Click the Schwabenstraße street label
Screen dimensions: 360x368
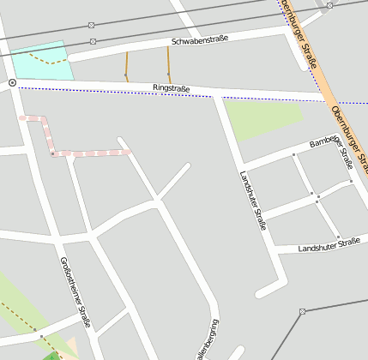pyautogui.click(x=200, y=40)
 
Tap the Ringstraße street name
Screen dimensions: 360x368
pyautogui.click(x=171, y=87)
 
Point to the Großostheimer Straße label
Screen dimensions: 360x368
pyautogui.click(x=75, y=292)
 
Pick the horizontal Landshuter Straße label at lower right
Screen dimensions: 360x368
pyautogui.click(x=329, y=245)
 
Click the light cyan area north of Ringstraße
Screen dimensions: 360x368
pyautogui.click(x=43, y=60)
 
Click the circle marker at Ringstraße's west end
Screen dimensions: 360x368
pyautogui.click(x=12, y=83)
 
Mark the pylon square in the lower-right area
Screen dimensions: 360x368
pyautogui.click(x=303, y=311)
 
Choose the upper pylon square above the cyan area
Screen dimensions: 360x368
pyautogui.click(x=92, y=25)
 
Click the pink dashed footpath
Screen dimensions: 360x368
pyautogui.click(x=86, y=153)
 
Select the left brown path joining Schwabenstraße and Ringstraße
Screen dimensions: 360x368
pyautogui.click(x=127, y=65)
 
